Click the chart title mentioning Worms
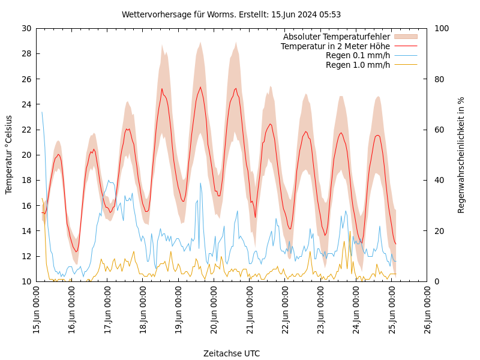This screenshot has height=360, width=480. (231, 14)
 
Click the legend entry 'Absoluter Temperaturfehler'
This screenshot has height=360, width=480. (336, 37)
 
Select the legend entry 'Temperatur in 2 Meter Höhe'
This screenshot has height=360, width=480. (335, 46)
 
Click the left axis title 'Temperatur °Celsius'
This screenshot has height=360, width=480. (9, 154)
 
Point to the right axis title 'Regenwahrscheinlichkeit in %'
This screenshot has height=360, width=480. (461, 155)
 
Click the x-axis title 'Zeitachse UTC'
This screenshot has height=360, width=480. (232, 353)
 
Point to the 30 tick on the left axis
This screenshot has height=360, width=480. (26, 28)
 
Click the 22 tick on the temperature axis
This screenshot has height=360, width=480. (26, 130)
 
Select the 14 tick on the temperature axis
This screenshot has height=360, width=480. (26, 231)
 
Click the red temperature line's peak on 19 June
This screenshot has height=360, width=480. (200, 88)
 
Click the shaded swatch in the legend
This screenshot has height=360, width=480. (405, 37)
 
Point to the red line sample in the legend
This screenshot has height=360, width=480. (405, 46)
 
